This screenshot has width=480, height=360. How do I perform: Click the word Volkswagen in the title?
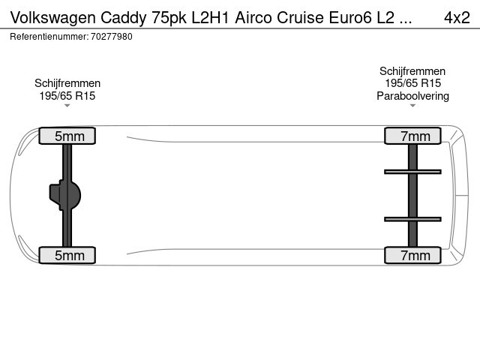tap(53, 18)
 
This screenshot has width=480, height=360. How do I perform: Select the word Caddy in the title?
tap(123, 18)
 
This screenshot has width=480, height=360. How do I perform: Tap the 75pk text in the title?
tap(169, 18)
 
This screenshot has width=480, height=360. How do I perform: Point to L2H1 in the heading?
tap(210, 17)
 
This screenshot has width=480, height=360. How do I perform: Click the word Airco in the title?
tap(253, 17)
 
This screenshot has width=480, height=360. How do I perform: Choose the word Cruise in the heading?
tap(300, 17)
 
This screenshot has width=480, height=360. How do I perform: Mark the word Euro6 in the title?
tap(350, 17)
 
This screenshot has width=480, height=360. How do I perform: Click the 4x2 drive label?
tap(457, 17)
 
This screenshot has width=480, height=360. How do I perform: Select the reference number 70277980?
tap(112, 37)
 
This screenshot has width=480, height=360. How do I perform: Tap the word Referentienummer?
tap(49, 37)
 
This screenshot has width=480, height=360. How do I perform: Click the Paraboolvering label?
tap(412, 96)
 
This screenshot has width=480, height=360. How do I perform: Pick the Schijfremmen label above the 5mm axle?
tap(67, 83)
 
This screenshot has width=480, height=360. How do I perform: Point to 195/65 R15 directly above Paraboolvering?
tap(412, 83)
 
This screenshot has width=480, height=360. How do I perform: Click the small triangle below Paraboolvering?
tap(412, 106)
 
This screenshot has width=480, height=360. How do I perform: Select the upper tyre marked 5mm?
tap(67, 136)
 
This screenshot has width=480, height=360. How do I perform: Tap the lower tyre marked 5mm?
tap(67, 255)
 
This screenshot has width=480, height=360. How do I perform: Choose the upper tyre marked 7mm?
tap(412, 136)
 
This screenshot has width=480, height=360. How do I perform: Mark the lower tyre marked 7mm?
tap(412, 255)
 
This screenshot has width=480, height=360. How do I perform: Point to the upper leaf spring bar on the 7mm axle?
tap(412, 172)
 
